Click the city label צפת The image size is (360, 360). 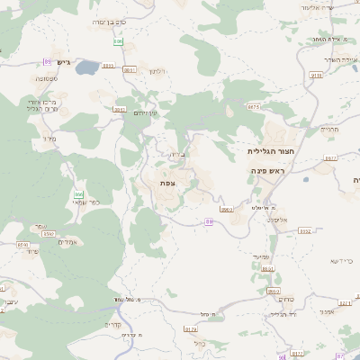pyautogui.click(x=167, y=183)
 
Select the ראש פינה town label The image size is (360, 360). pyautogui.click(x=268, y=170)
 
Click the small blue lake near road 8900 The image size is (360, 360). pyautogui.click(x=87, y=68)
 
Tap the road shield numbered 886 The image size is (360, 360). pyautogui.click(x=118, y=41)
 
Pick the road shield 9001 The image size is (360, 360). pyautogui.click(x=120, y=110)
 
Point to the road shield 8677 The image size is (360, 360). pyautogui.click(x=254, y=107)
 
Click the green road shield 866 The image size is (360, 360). pyautogui.click(x=79, y=194)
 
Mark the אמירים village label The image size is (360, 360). pyautogui.click(x=68, y=242)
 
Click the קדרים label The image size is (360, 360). pyautogui.click(x=112, y=325)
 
